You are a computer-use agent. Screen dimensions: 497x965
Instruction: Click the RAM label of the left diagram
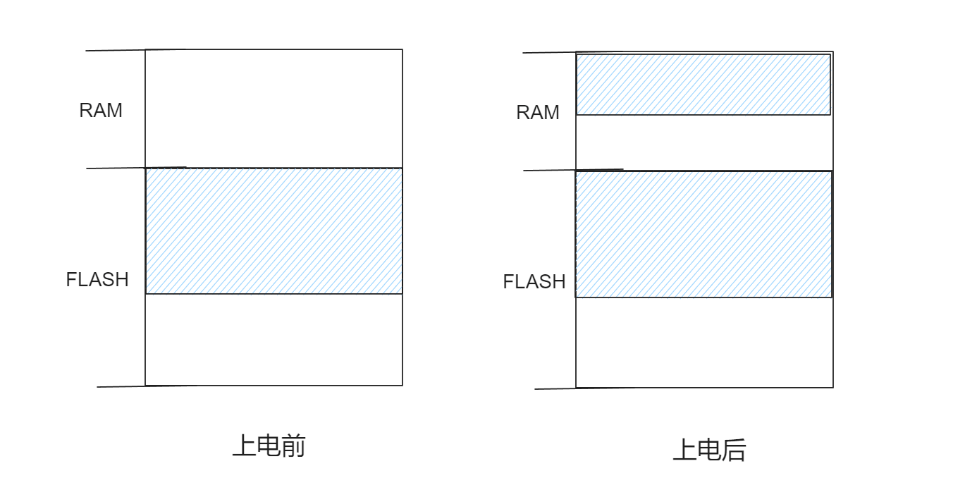tap(101, 111)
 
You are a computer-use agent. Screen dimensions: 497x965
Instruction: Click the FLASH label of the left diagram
tap(97, 280)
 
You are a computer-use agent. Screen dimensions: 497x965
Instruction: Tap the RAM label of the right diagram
tap(538, 113)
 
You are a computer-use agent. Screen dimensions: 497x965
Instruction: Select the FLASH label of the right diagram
tap(534, 282)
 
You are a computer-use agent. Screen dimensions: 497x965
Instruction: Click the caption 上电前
tap(269, 446)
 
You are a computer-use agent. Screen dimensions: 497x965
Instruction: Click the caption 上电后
tap(709, 450)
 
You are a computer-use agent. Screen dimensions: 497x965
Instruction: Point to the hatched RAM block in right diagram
tap(703, 85)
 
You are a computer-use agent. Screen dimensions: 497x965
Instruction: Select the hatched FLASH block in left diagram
tap(274, 231)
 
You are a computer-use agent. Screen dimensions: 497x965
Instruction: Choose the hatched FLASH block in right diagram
tap(703, 234)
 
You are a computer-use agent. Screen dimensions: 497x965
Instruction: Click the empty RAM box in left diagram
tap(274, 109)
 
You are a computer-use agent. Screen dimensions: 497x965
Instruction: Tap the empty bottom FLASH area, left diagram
tap(274, 340)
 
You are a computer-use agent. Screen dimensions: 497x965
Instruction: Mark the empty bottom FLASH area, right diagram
tap(703, 343)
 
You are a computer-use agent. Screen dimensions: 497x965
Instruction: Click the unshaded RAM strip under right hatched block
tap(703, 142)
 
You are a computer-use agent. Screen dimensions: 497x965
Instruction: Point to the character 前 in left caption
tap(293, 446)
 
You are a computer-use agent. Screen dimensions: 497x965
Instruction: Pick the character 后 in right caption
tap(734, 450)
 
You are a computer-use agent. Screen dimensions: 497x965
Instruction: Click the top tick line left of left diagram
tap(116, 51)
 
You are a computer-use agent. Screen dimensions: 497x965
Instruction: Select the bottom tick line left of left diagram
tap(121, 386)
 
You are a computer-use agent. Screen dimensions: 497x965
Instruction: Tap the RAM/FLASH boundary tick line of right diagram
tap(550, 170)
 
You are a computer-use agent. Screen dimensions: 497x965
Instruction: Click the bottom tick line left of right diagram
tap(555, 388)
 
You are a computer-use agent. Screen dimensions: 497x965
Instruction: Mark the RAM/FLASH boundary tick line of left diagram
tap(116, 168)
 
